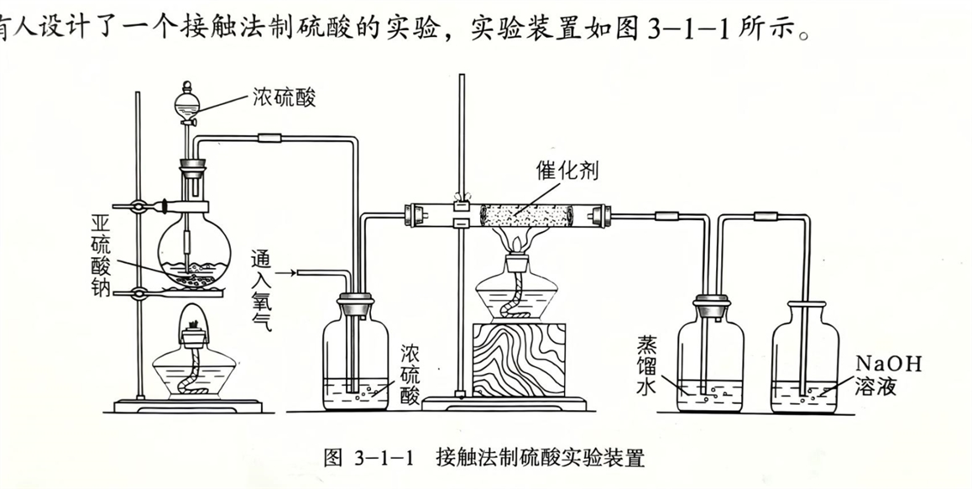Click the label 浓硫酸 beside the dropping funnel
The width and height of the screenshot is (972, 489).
(284, 97)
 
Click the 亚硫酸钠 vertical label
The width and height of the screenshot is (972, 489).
(101, 255)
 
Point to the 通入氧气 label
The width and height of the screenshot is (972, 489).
(261, 291)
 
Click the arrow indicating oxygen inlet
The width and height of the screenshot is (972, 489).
(285, 272)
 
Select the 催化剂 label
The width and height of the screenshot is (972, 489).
(567, 170)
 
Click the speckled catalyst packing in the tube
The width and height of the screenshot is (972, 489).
(527, 215)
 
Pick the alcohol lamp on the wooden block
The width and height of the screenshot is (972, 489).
(515, 282)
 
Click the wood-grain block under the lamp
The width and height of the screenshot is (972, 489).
(519, 360)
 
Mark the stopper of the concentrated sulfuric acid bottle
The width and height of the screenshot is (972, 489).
(356, 306)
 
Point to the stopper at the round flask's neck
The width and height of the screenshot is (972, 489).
(193, 167)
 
